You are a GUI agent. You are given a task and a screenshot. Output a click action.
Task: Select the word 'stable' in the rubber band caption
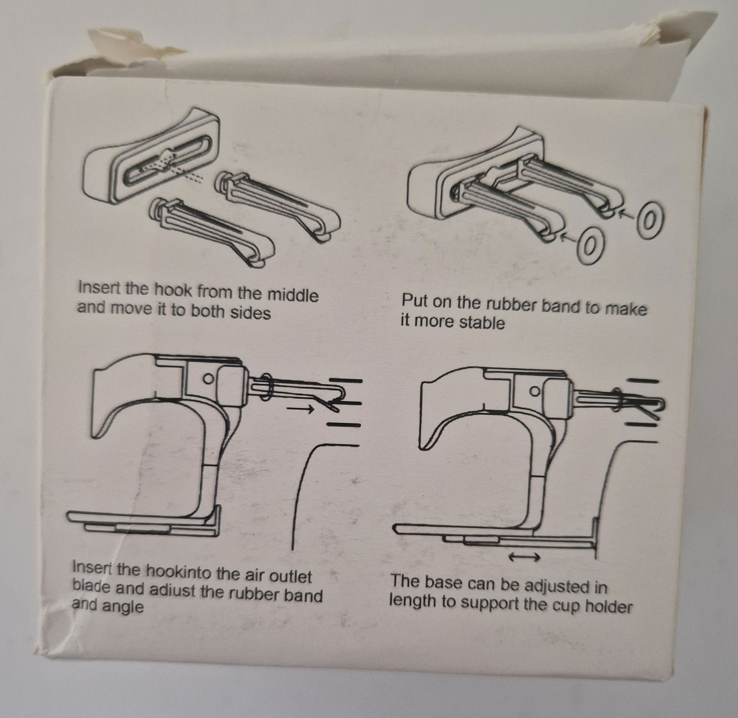[x=482, y=322]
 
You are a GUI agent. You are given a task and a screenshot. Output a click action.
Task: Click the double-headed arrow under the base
[x=524, y=557]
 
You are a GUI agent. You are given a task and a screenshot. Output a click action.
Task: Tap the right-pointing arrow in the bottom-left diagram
[x=300, y=408]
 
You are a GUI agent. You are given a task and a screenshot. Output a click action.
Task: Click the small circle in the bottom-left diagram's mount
[x=208, y=378]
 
